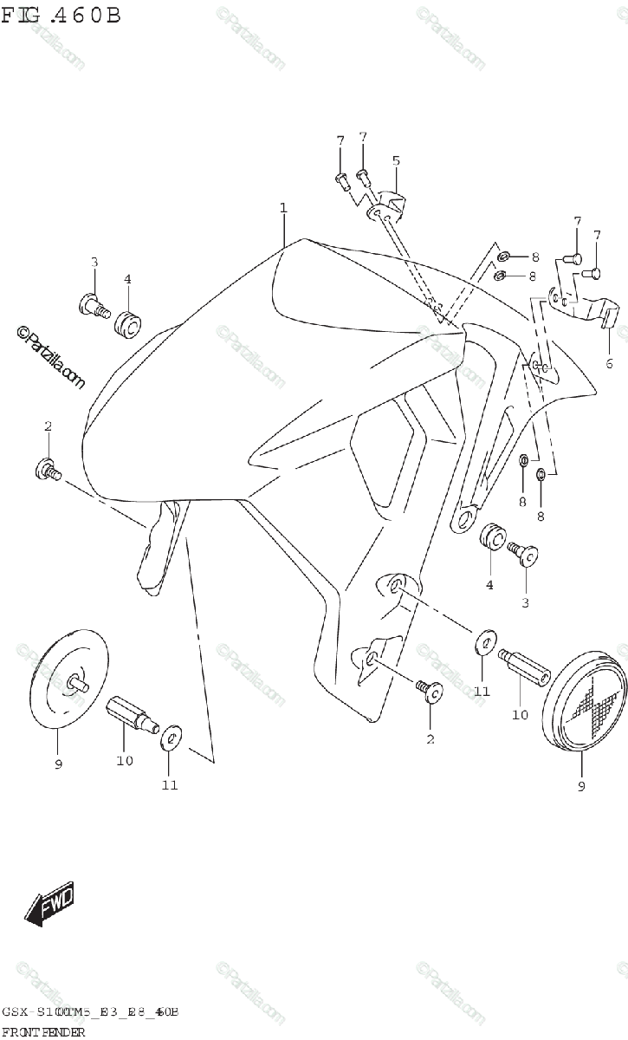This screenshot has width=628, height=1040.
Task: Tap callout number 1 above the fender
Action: pyautogui.click(x=283, y=208)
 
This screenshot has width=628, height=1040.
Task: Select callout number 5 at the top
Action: pyautogui.click(x=395, y=160)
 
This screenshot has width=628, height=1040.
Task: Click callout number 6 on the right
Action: pyautogui.click(x=609, y=363)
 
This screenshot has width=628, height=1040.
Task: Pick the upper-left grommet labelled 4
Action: pyautogui.click(x=129, y=324)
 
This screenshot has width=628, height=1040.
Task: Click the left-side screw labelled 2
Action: pyautogui.click(x=49, y=471)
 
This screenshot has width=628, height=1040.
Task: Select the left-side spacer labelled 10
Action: pyautogui.click(x=128, y=714)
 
